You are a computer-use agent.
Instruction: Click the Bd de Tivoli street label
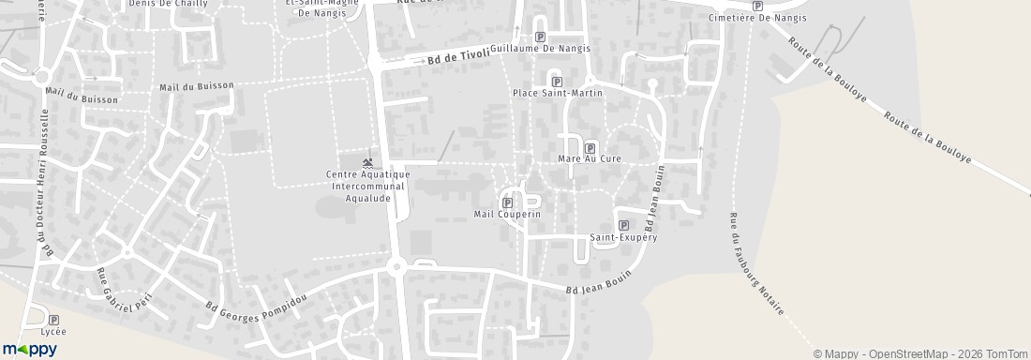(457, 56)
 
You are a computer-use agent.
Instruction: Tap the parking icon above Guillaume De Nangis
(540, 37)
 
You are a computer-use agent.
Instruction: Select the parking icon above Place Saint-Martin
(557, 82)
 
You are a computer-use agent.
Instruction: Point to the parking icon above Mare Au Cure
(590, 148)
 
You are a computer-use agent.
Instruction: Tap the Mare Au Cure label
(590, 159)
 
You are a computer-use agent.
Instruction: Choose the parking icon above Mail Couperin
(508, 202)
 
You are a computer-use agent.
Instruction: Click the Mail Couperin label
(507, 215)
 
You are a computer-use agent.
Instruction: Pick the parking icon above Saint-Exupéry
(623, 225)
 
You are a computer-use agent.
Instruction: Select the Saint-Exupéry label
(623, 237)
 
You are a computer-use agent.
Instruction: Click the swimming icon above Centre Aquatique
(367, 164)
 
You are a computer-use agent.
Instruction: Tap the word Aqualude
(367, 196)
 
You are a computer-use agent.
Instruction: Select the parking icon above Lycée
(53, 320)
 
